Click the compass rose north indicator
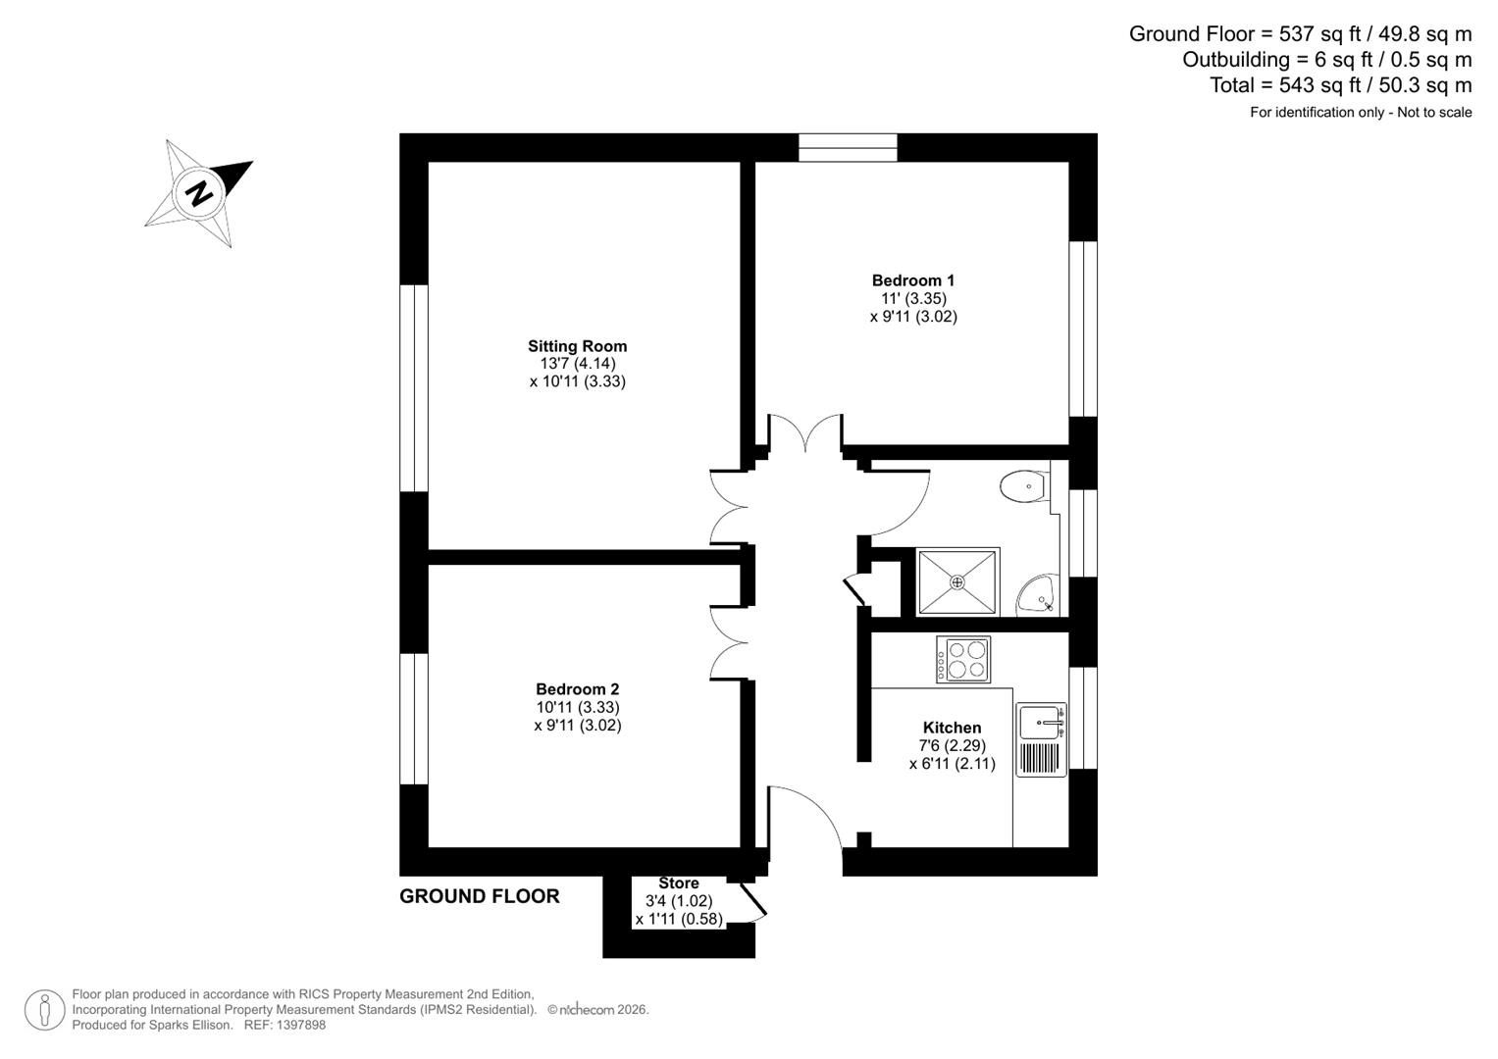pos(199,192)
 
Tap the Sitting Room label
pos(577,346)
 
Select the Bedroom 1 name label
pos(912,280)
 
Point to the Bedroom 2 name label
pos(577,689)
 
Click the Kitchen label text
pos(952,728)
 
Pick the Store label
pos(678,883)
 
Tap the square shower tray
pos(957,582)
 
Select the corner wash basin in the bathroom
pos(1038,594)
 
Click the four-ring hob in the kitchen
pos(963,659)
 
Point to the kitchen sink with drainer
pos(1041,739)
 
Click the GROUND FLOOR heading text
pos(479,896)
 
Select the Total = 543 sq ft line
pos(1340,85)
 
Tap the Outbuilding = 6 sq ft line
pos(1326,60)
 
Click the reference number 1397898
pos(299,1026)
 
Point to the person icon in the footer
pos(44,1010)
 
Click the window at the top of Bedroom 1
pos(848,148)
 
